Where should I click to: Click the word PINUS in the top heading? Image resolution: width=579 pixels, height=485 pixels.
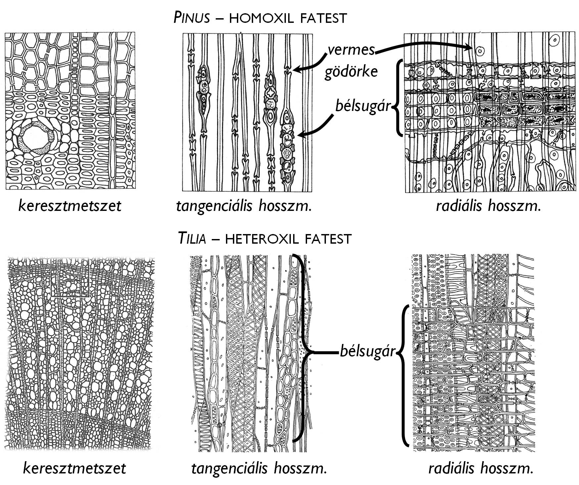192,18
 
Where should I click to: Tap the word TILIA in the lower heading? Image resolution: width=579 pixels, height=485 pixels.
192,238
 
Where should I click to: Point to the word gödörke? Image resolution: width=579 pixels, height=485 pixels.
351,72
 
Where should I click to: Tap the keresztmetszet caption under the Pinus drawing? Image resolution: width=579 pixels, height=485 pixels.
70,206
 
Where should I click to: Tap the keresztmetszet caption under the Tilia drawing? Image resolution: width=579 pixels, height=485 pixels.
74,468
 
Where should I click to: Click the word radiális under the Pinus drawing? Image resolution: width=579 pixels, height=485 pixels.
460,206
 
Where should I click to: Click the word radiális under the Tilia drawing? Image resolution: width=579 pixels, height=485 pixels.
453,468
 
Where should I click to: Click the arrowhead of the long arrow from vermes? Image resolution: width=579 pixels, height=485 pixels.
469,48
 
